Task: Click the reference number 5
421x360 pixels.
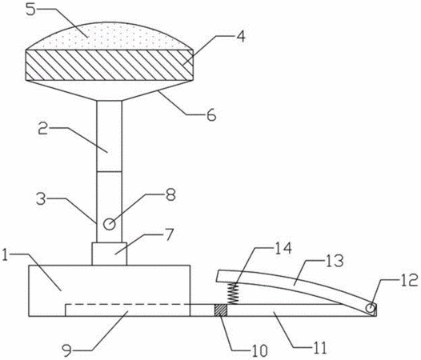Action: coord(31,10)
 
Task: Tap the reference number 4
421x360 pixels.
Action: coord(241,36)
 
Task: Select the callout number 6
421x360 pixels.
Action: coord(211,115)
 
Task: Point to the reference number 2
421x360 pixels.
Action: coord(42,130)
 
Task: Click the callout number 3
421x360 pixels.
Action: coord(41,199)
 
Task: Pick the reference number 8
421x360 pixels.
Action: coord(170,195)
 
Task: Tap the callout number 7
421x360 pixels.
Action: coord(169,234)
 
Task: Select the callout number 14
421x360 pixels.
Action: coord(283,248)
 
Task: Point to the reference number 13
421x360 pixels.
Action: coord(335,261)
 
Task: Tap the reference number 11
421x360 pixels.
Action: coord(319,348)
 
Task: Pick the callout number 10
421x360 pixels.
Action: coord(260,350)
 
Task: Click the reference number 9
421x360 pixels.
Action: coord(67,350)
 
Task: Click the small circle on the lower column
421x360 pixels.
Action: coord(110,224)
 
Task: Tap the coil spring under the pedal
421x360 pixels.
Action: coord(233,294)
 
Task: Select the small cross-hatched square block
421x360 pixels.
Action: coord(221,310)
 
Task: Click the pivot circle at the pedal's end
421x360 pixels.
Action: coord(371,308)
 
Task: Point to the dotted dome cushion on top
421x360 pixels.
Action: coord(109,36)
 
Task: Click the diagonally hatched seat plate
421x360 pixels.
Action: coord(109,65)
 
